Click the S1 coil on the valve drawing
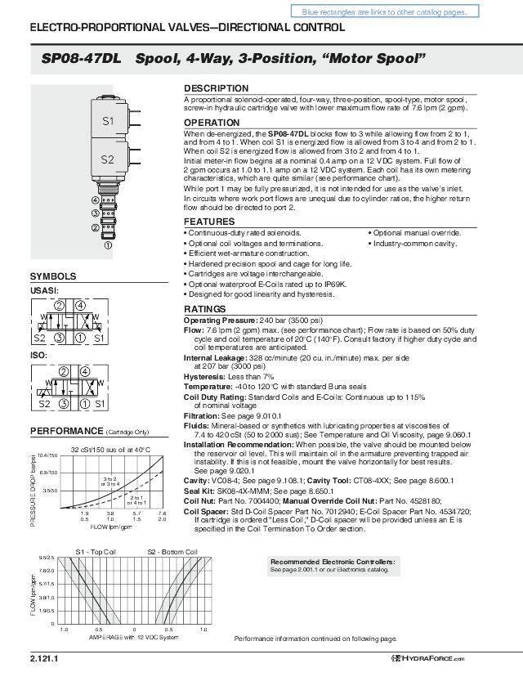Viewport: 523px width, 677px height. pyautogui.click(x=108, y=121)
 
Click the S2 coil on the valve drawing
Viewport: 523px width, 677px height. pyautogui.click(x=108, y=159)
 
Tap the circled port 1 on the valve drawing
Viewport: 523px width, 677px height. pyautogui.click(x=108, y=244)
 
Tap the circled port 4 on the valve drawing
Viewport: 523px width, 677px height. pyautogui.click(x=96, y=200)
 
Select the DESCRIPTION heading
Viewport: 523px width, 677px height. pyautogui.click(x=216, y=88)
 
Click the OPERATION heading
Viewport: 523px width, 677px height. pyautogui.click(x=213, y=123)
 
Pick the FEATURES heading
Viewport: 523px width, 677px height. pyautogui.click(x=209, y=222)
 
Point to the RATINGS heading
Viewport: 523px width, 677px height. pyautogui.click(x=204, y=309)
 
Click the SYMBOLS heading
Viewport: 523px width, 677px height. pyautogui.click(x=53, y=276)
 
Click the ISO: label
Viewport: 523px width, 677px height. pyautogui.click(x=38, y=356)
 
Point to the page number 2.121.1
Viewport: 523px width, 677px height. pyautogui.click(x=45, y=659)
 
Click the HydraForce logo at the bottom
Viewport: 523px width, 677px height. pyautogui.click(x=427, y=659)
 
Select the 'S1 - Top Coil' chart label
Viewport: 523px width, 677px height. pyautogui.click(x=96, y=552)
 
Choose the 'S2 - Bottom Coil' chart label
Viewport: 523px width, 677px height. pyautogui.click(x=172, y=552)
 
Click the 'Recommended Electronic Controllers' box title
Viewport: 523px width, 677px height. pyautogui.click(x=333, y=563)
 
